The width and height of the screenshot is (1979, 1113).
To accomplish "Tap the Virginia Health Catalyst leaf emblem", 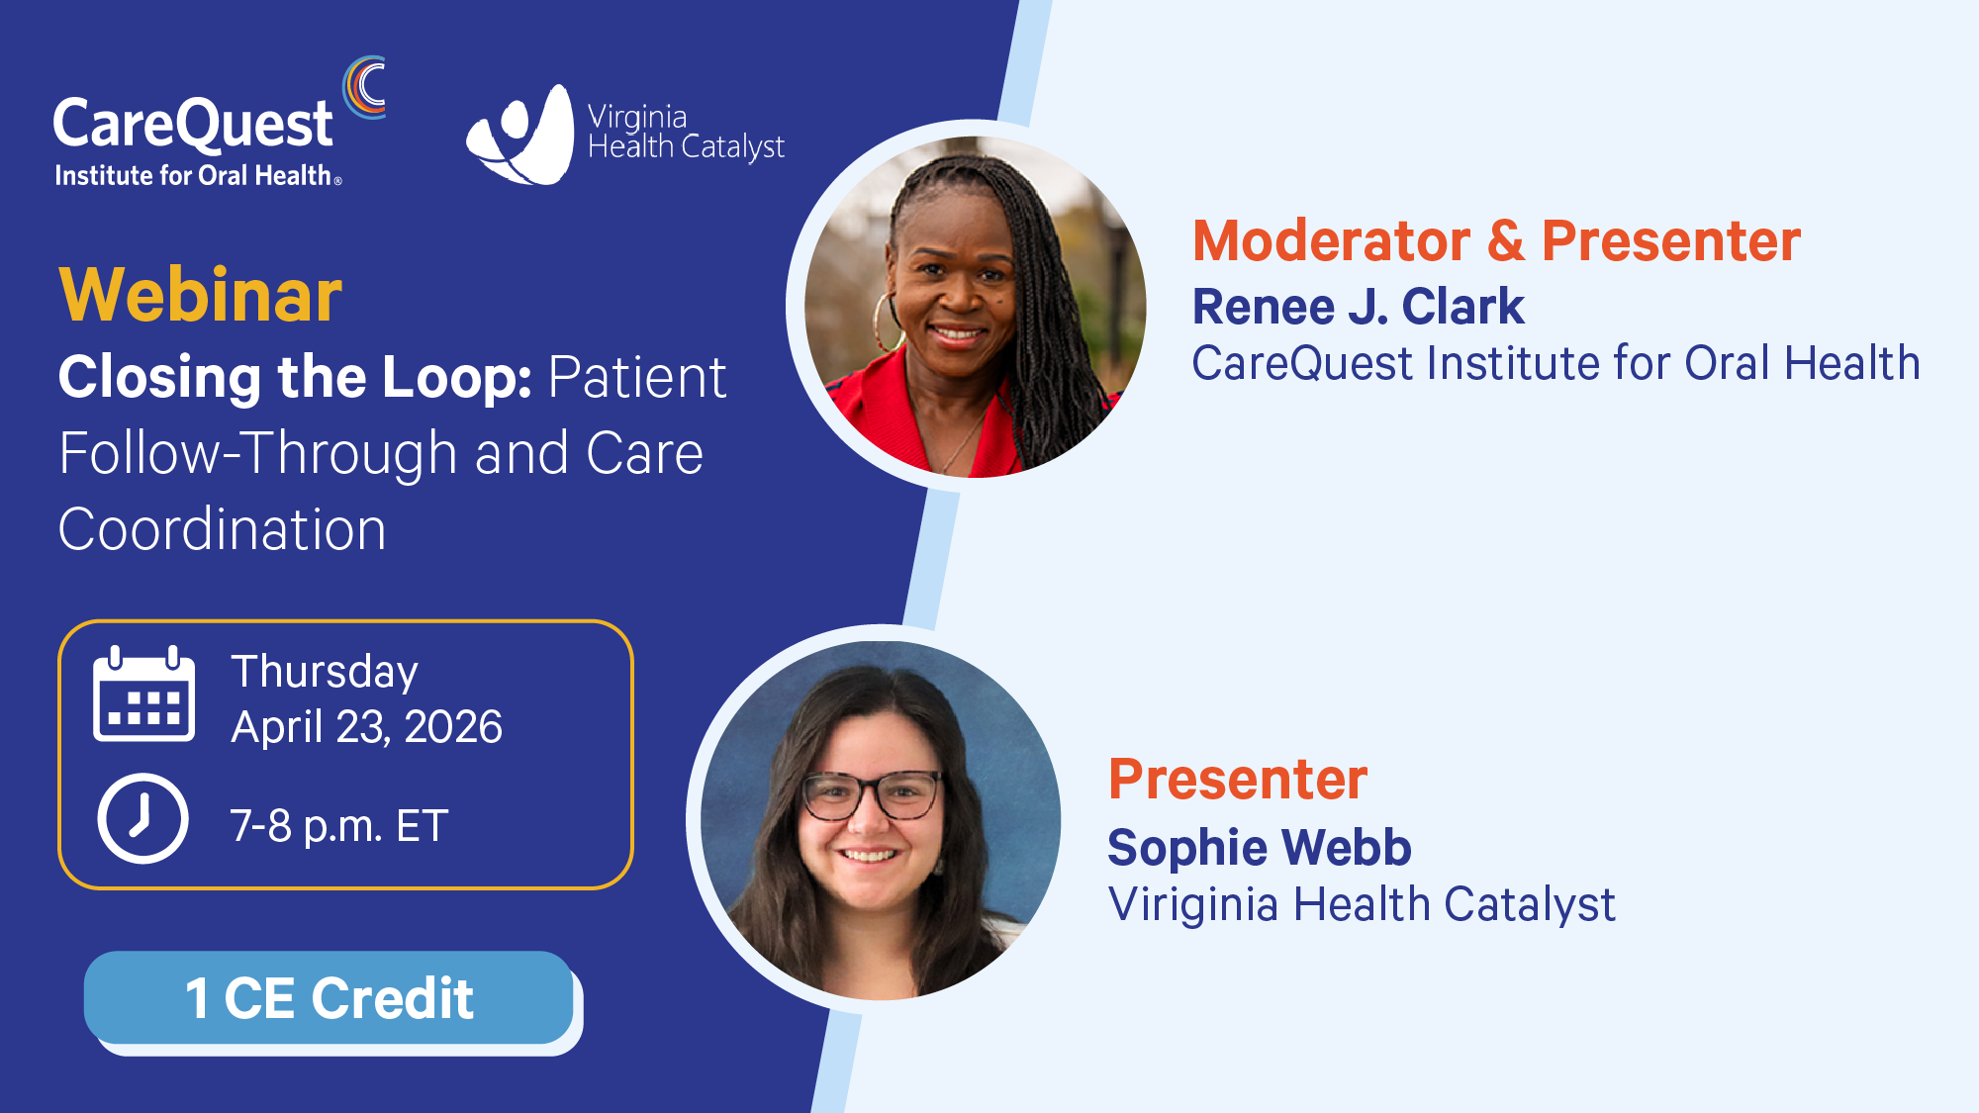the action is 520,135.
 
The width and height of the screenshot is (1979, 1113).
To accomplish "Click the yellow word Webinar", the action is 201,295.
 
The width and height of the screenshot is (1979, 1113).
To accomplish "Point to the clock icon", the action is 142,819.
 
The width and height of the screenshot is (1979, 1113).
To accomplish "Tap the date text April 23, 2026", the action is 367,727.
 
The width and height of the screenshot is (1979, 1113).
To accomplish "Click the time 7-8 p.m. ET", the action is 339,826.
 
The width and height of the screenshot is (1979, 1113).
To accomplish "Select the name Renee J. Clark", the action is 1358,306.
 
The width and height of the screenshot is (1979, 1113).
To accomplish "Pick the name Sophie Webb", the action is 1260,847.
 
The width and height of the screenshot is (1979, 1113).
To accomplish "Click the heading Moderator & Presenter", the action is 1496,240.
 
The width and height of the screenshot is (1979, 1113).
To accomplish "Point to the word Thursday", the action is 325,672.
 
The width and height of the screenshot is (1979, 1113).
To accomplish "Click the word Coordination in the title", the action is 223,529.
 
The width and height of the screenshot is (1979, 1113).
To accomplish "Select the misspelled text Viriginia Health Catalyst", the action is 1362,904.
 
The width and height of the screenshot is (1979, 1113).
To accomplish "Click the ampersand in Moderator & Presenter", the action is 1505,240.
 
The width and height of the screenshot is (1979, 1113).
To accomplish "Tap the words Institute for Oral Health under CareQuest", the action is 198,176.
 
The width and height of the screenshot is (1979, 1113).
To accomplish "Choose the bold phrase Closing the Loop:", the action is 295,377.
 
